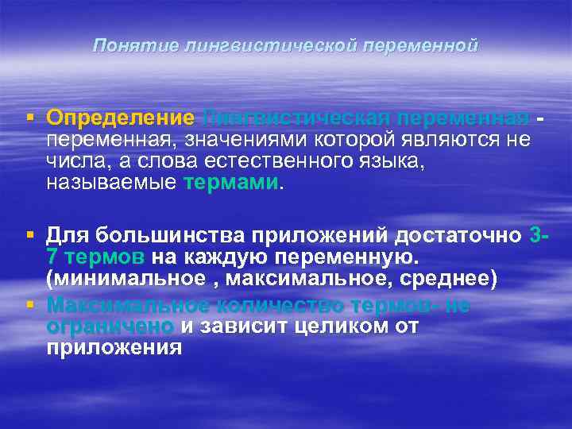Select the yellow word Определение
[120, 118]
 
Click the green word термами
[231, 183]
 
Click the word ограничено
[110, 326]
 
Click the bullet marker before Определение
[30, 118]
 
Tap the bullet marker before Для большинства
[30, 236]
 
